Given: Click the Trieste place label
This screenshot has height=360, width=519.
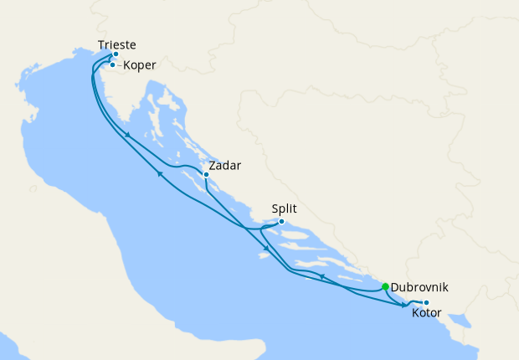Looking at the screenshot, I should click(x=116, y=44).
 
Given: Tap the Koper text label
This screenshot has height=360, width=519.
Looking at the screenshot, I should click(x=140, y=65).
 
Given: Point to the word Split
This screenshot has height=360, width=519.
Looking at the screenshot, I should click(x=285, y=209).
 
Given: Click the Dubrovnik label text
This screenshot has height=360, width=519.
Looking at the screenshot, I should click(x=419, y=287).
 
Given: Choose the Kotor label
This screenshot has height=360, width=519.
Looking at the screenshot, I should click(x=428, y=314).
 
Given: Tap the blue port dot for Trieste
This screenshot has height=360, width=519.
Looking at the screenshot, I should click(x=116, y=54).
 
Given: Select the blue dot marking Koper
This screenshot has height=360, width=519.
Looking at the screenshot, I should click(x=112, y=64).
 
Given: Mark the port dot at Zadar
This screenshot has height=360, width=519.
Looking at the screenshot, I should click(x=206, y=175).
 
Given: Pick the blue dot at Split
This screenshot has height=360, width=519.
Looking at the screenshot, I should click(x=281, y=222).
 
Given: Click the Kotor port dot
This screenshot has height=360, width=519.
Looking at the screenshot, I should click(x=426, y=302).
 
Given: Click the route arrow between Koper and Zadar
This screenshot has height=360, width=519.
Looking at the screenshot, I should click(x=126, y=135).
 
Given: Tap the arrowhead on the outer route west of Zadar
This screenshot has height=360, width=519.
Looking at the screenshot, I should click(x=159, y=173).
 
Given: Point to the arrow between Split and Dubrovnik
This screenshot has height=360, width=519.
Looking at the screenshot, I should click(x=321, y=275).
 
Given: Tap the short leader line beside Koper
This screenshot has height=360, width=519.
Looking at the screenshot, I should click(x=118, y=64).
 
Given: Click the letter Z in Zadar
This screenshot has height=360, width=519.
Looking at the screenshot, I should click(x=213, y=166).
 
